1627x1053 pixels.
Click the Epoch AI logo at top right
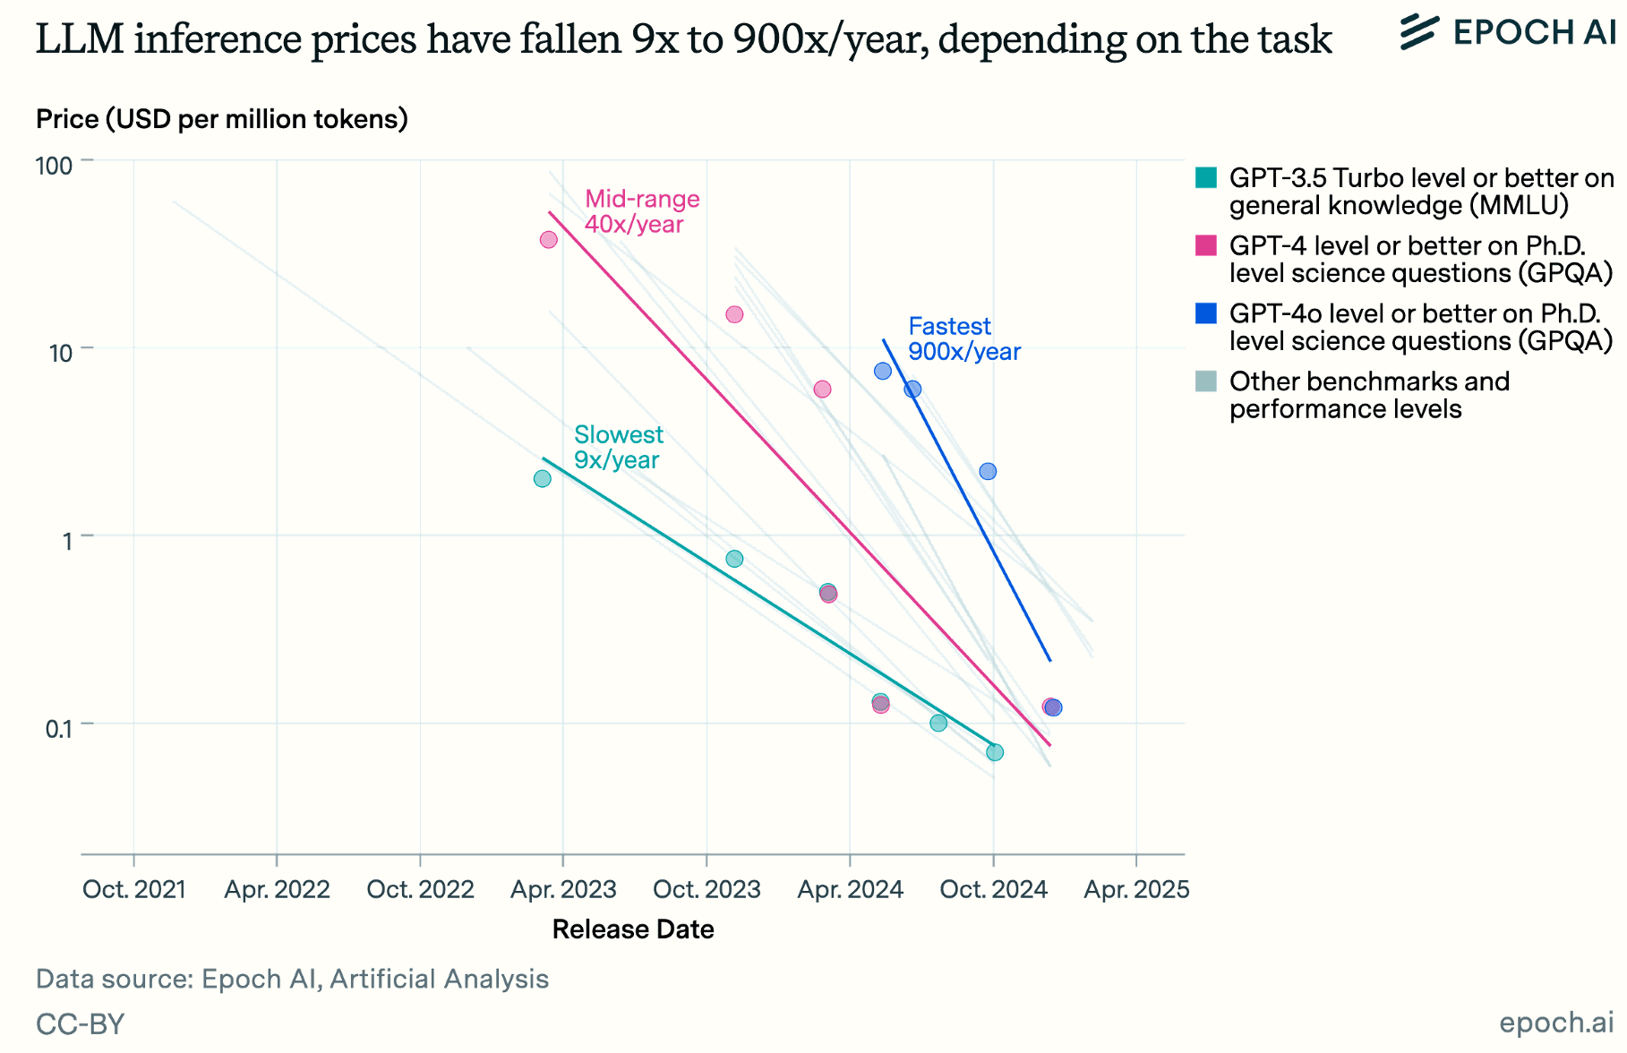(1508, 32)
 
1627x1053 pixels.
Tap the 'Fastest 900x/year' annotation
(963, 338)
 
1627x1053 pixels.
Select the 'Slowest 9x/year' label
(618, 447)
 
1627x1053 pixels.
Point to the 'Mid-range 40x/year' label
(641, 211)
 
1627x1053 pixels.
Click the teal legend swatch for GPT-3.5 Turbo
(1206, 177)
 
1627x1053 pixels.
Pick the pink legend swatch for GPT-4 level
(1206, 245)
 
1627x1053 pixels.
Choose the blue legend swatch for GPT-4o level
(1206, 313)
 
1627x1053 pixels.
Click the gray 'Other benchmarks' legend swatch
(1206, 381)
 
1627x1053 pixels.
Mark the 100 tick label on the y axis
(54, 166)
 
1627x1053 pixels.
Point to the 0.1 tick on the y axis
(58, 729)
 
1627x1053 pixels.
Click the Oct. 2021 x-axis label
(134, 889)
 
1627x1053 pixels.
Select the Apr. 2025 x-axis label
(1136, 889)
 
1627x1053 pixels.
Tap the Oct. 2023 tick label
(706, 889)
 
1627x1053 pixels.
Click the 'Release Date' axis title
(633, 929)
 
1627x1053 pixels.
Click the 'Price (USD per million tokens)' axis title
(222, 119)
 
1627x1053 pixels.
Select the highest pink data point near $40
(549, 240)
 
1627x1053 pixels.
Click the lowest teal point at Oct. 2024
(995, 752)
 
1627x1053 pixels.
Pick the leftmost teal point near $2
(543, 479)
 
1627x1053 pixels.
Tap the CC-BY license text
(80, 1023)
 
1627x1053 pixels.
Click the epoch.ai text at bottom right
(1556, 1022)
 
